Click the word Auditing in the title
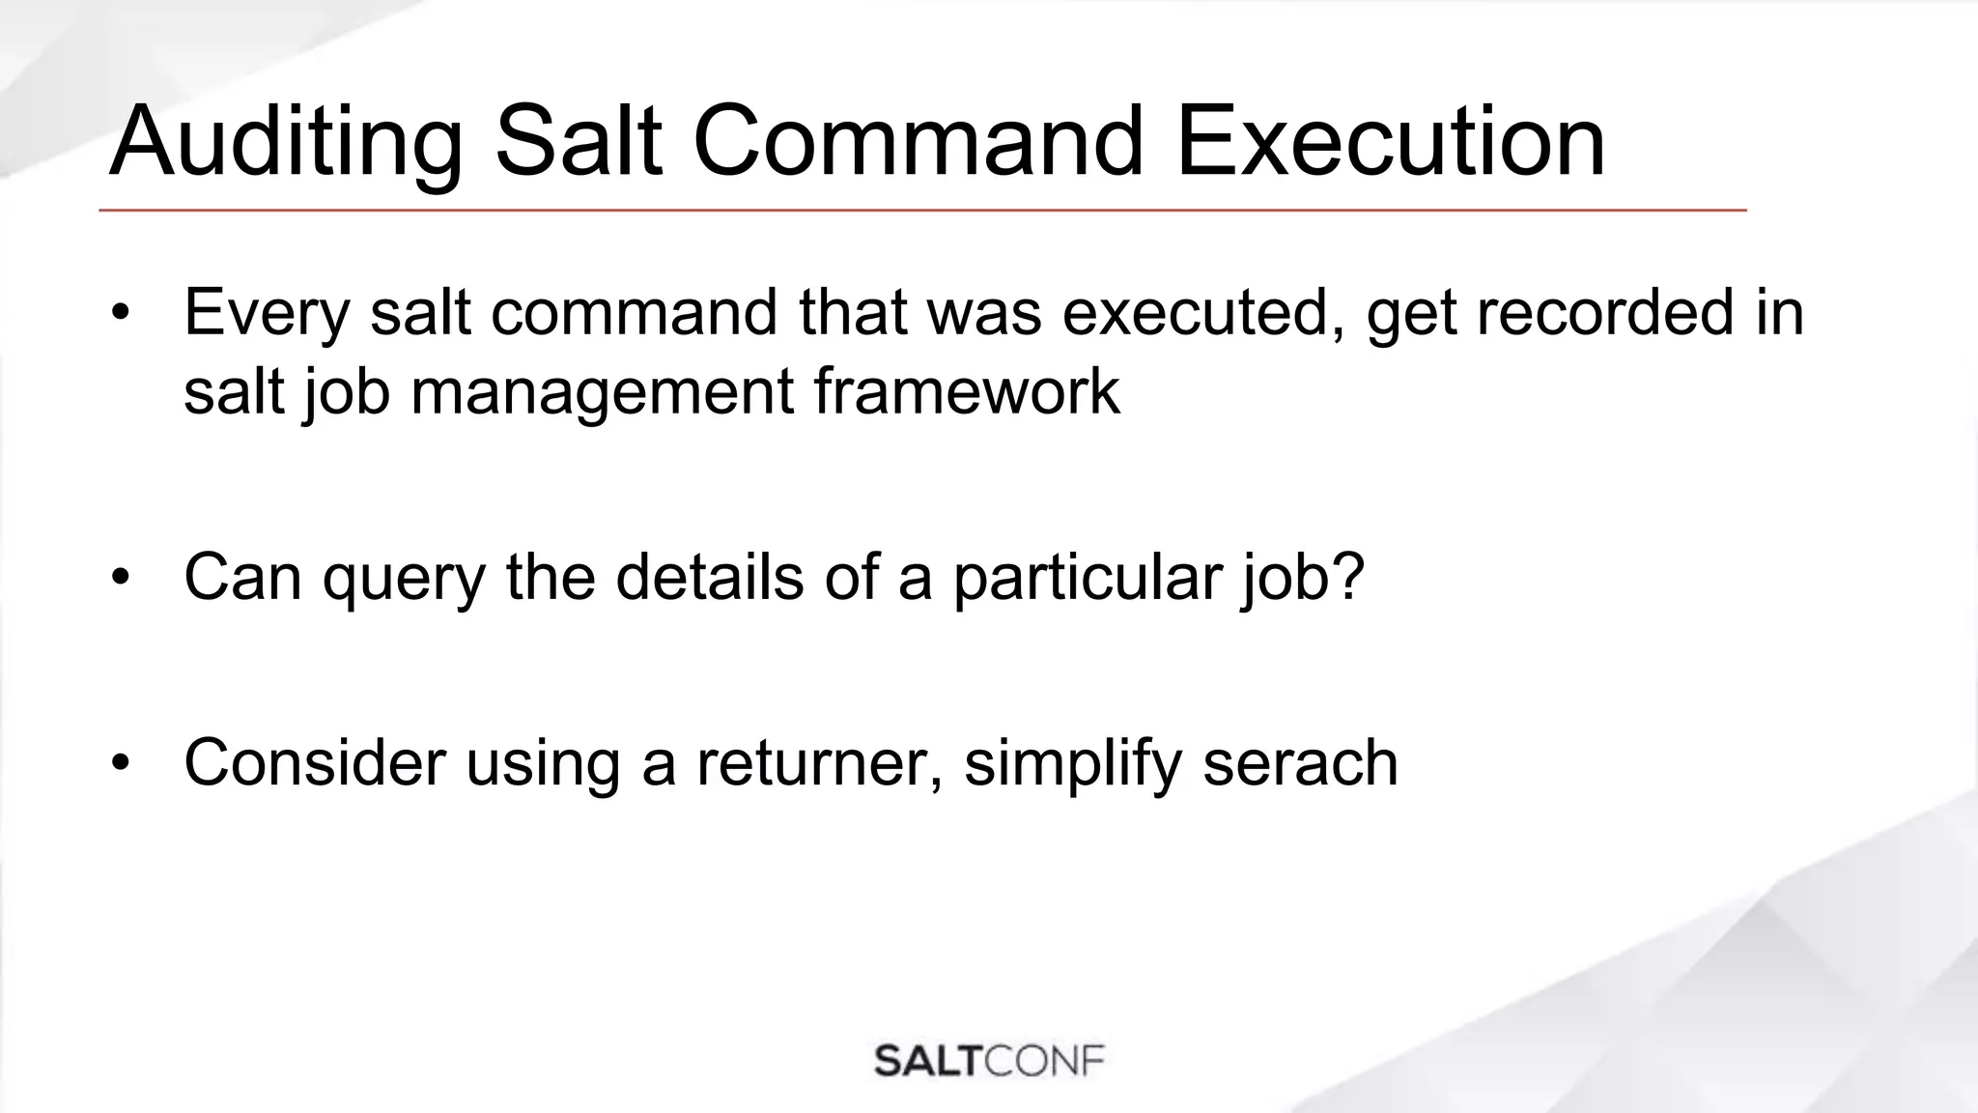pyautogui.click(x=286, y=143)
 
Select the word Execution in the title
pyautogui.click(x=1390, y=143)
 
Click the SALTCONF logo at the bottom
pyautogui.click(x=989, y=1060)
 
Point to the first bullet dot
pyautogui.click(x=120, y=313)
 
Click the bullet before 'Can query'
pyautogui.click(x=120, y=578)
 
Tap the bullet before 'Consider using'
pyautogui.click(x=120, y=763)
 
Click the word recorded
pyautogui.click(x=1604, y=313)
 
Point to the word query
pyautogui.click(x=404, y=578)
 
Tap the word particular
pyautogui.click(x=1088, y=578)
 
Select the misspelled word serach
pyautogui.click(x=1300, y=763)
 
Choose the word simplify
pyautogui.click(x=1072, y=763)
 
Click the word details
pyautogui.click(x=709, y=578)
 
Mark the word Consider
pyautogui.click(x=315, y=763)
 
